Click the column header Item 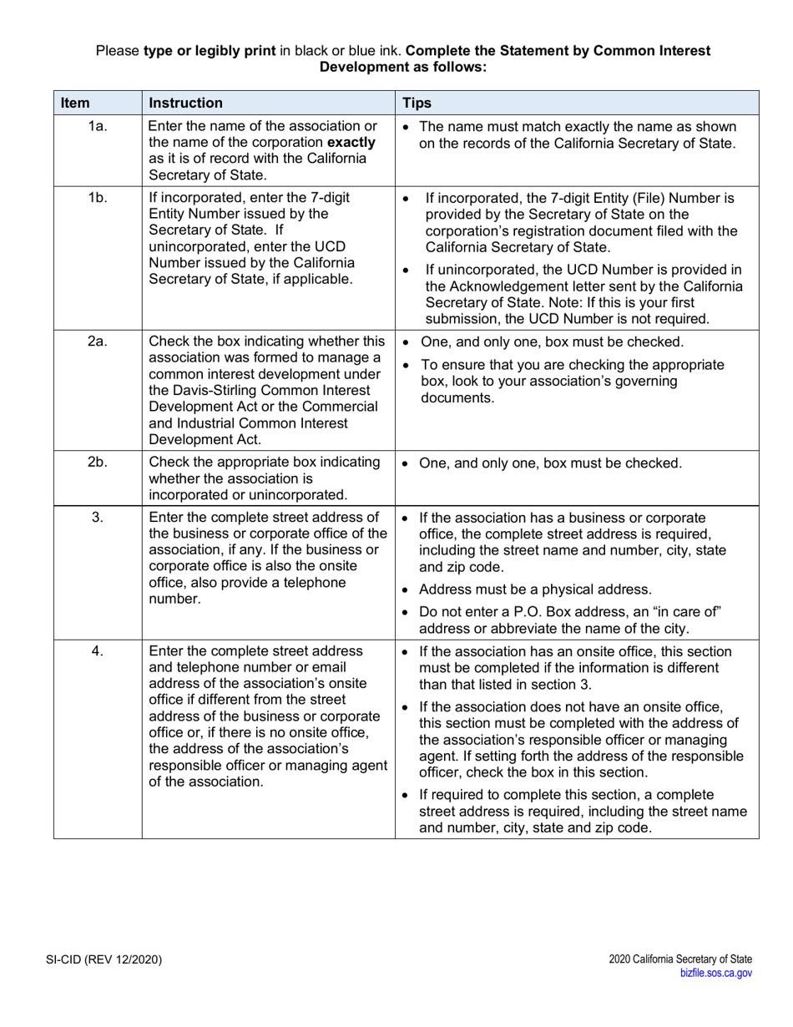75,103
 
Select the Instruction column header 185,103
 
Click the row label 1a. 98,127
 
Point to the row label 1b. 98,199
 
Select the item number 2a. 98,341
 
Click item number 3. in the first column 98,517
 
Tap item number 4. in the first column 98,650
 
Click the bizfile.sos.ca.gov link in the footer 716,972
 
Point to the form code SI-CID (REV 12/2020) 104,959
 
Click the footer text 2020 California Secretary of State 680,959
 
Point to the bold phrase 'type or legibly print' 210,51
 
